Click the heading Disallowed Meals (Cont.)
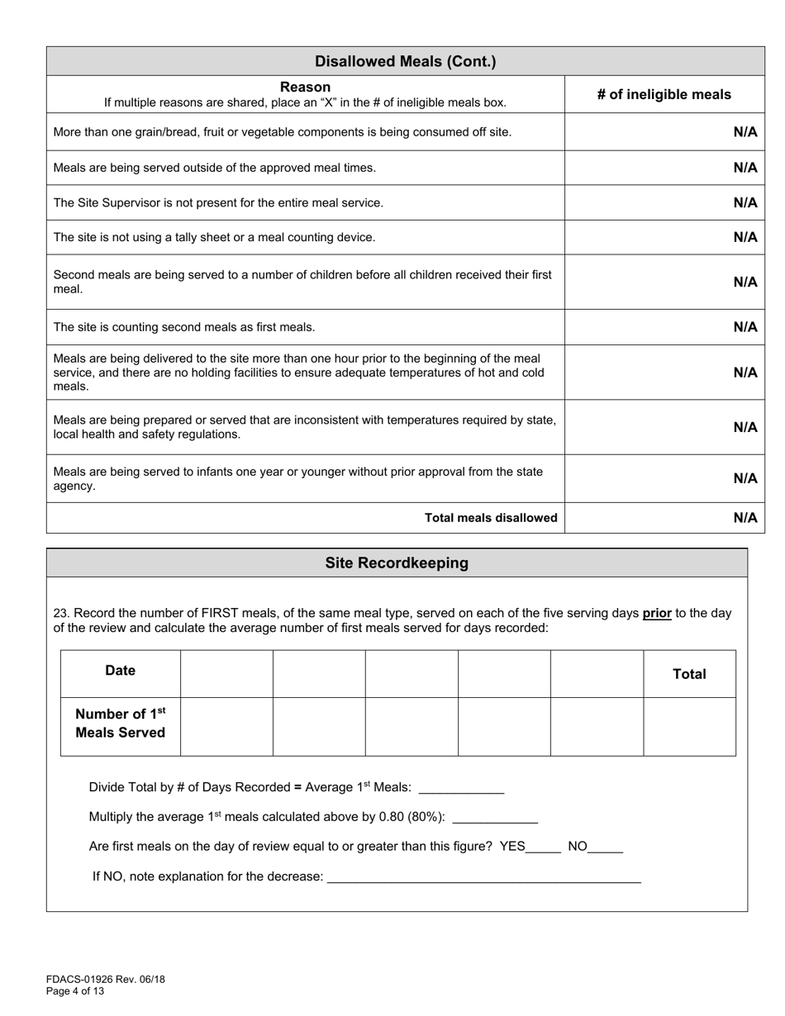pos(405,61)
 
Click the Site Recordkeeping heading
pos(397,563)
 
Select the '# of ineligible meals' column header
pos(664,94)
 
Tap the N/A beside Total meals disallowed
pos(745,518)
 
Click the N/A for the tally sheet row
pos(745,237)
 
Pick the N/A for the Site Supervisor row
pos(745,202)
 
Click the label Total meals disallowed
pos(491,518)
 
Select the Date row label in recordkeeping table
pos(121,671)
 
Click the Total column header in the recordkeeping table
pos(689,674)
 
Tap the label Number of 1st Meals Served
pos(121,723)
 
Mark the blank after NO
pos(606,847)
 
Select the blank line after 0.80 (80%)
pos(496,819)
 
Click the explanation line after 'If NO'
pos(483,878)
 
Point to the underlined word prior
pos(657,613)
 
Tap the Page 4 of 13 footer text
pos(75,991)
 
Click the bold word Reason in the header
pos(305,87)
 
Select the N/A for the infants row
pos(745,478)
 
